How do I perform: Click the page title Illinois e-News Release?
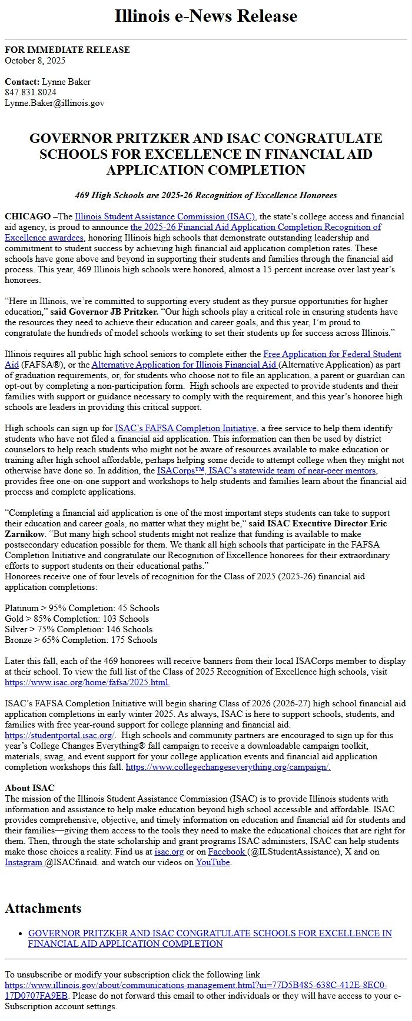[205, 16]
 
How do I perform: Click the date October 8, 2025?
[35, 61]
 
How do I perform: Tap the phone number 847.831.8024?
[31, 92]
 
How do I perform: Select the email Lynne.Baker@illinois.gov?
[54, 103]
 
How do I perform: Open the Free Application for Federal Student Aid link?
[332, 354]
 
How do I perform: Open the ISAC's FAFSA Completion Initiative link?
[185, 428]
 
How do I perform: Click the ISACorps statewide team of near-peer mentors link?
[267, 471]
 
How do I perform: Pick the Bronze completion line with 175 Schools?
[81, 640]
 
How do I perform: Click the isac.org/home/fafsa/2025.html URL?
[87, 682]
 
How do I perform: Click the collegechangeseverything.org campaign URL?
[228, 767]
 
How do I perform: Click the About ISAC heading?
[29, 788]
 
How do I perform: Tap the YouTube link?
[213, 862]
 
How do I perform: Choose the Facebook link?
[227, 852]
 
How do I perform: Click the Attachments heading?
[43, 908]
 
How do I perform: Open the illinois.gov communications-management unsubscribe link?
[195, 985]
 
